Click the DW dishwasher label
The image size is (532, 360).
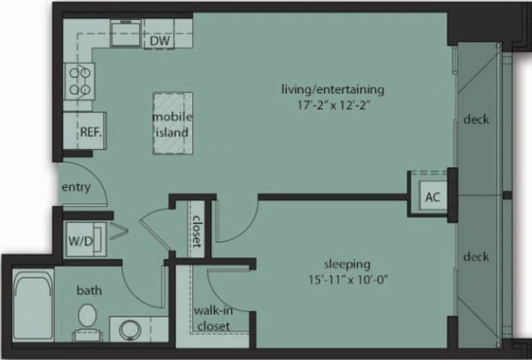[x=162, y=40]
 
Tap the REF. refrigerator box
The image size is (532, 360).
[x=90, y=132]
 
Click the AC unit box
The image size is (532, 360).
[x=431, y=197]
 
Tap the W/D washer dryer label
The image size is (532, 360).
[x=81, y=241]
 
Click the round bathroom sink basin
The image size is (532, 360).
[x=131, y=329]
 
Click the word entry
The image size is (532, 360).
[x=76, y=187]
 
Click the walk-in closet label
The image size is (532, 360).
[x=213, y=318]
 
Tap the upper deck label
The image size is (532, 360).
[x=475, y=119]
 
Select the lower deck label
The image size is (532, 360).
[x=475, y=256]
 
